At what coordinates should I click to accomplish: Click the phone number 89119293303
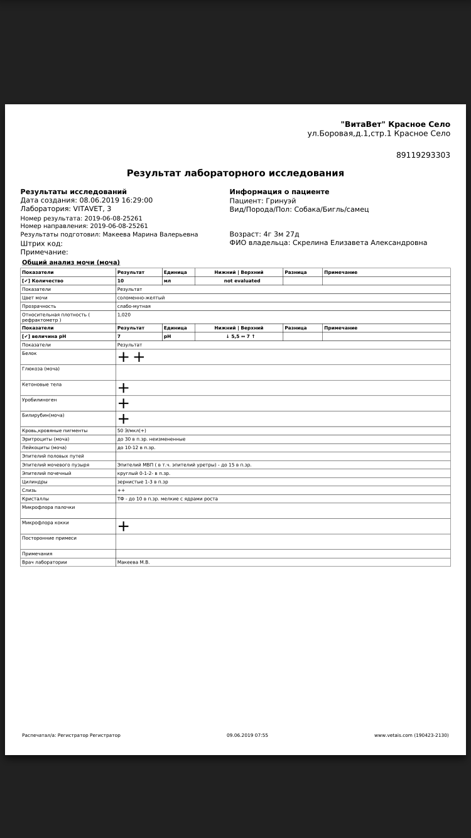(423, 155)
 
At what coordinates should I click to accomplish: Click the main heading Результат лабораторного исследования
(235, 173)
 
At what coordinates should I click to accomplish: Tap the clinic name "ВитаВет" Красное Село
(395, 124)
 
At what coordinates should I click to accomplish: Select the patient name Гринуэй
(281, 201)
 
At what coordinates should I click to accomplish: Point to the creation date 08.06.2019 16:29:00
(116, 200)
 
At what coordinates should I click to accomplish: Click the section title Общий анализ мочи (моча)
(71, 263)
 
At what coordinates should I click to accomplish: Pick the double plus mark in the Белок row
(131, 357)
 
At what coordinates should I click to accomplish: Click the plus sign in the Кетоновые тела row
(124, 388)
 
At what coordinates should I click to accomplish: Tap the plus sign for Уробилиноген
(124, 403)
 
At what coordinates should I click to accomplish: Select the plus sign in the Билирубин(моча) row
(124, 418)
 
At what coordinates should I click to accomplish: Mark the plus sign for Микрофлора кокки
(124, 526)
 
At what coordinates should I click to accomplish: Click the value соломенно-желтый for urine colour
(141, 298)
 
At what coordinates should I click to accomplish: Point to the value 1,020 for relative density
(124, 315)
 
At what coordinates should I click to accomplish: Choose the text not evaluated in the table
(242, 281)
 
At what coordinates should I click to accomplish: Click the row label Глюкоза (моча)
(41, 369)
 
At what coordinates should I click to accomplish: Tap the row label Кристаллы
(35, 499)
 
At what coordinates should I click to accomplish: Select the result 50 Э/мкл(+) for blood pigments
(132, 431)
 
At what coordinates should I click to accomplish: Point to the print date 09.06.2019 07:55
(247, 735)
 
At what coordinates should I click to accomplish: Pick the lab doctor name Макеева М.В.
(133, 562)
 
